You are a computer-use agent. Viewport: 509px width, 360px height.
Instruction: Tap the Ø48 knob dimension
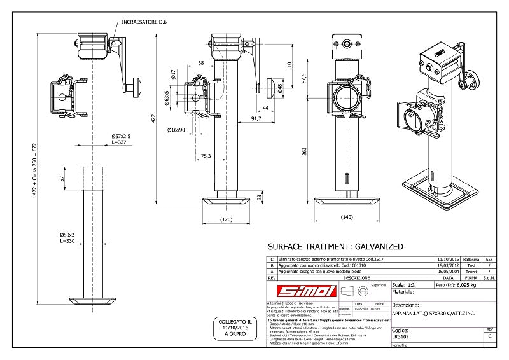281,87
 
